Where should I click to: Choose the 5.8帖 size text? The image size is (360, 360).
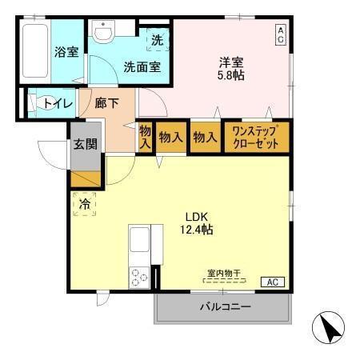pos(232,75)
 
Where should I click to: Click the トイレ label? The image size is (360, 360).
pos(58,103)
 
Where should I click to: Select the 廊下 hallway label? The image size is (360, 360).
pos(107,103)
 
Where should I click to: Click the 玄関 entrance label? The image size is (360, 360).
pos(86,145)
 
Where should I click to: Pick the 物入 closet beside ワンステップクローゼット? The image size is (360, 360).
pos(206,137)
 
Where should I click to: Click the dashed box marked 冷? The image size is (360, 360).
pos(84,203)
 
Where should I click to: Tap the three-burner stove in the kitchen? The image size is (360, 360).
pos(139,277)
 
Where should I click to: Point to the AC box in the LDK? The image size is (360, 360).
pos(273,282)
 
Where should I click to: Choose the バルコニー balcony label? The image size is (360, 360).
pos(225,307)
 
